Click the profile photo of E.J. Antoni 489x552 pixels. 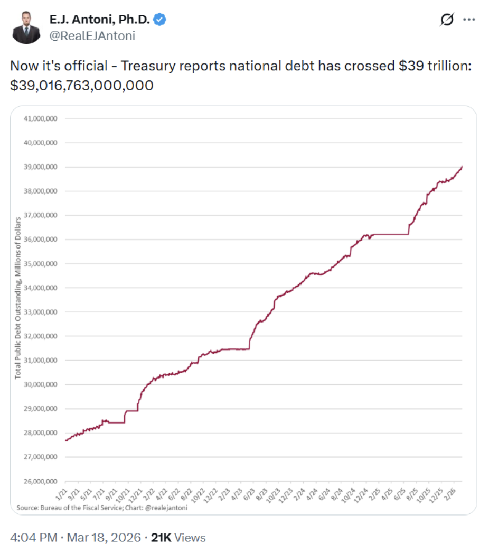[x=26, y=27]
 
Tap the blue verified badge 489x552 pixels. [x=160, y=20]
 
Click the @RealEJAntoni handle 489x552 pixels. [x=92, y=35]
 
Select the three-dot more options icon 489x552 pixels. [x=469, y=20]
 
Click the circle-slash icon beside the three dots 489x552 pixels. [x=447, y=20]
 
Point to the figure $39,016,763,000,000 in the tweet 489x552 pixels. [x=82, y=85]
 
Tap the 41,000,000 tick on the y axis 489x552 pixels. [x=41, y=118]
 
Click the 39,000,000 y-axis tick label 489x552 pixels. [x=41, y=167]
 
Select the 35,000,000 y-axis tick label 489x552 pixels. [x=41, y=264]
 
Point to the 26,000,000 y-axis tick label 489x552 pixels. [x=41, y=482]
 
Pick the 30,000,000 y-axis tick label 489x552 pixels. [x=41, y=385]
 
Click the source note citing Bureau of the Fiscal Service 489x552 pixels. [x=102, y=508]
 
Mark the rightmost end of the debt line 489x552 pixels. [x=462, y=167]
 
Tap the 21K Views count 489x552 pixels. [x=178, y=538]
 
